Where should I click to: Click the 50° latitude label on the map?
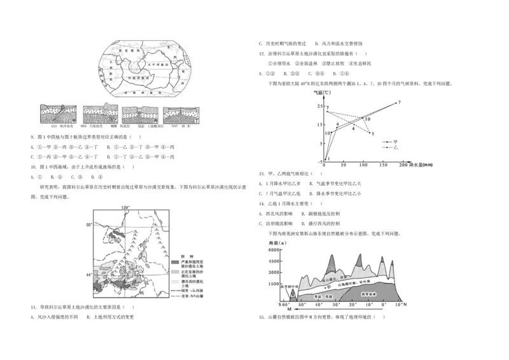click(90, 225)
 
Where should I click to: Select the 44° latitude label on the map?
click(90, 273)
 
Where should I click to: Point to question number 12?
click(262, 54)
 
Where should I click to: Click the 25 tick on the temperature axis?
click(319, 106)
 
